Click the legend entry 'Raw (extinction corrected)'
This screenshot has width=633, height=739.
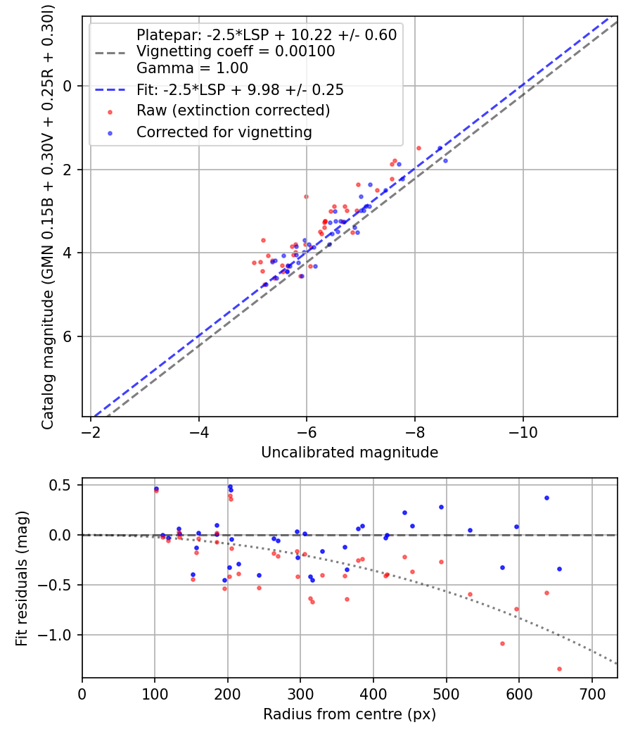pos(233,110)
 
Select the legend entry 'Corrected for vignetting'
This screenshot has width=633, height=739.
pos(224,132)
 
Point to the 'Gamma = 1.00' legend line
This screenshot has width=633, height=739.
pos(192,68)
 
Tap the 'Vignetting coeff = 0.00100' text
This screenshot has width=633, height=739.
pos(236,51)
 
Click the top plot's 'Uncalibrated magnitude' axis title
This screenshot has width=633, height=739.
pos(350,453)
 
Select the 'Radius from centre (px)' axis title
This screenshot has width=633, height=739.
pos(350,714)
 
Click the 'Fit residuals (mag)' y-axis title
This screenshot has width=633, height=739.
pos(22,578)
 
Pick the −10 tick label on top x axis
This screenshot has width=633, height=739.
pos(523,432)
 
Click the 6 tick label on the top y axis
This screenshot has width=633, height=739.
pos(68,336)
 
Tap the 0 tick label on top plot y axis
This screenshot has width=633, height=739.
pos(68,86)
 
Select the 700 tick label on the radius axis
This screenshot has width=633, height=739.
pos(592,694)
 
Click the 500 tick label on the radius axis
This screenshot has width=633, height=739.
pos(447,694)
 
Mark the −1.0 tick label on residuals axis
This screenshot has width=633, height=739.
pos(59,635)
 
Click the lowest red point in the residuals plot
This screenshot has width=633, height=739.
pos(559,669)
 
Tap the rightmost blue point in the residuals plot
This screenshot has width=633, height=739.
pos(559,569)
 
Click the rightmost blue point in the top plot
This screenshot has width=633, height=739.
pos(445,160)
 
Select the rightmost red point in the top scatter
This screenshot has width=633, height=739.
pos(418,148)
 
